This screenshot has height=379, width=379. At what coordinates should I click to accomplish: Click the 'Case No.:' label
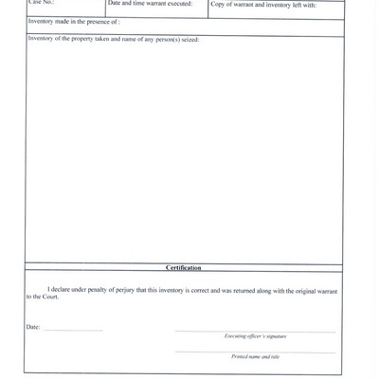coord(42,3)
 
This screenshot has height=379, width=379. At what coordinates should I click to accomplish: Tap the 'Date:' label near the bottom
coord(34,328)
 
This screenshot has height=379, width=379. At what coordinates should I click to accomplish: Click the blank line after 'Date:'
coord(73,330)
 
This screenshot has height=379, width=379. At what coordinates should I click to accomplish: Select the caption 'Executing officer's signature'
coord(255,336)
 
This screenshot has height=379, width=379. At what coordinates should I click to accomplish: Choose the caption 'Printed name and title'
coord(255,356)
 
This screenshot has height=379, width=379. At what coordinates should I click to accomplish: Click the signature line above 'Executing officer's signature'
coord(255,332)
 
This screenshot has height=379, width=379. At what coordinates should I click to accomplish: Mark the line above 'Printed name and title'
coord(255,352)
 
